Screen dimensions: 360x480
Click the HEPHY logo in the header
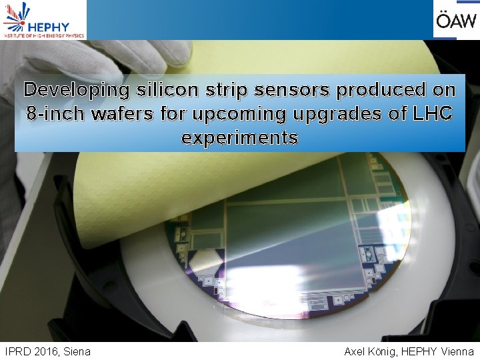(x=43, y=20)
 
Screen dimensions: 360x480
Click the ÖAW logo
(x=455, y=20)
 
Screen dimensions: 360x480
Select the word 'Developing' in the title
(x=74, y=89)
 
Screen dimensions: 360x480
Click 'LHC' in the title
(x=433, y=113)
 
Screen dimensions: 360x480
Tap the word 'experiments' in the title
(x=239, y=138)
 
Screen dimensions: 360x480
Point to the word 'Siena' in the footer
(x=77, y=351)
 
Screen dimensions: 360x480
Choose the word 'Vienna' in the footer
(x=457, y=351)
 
